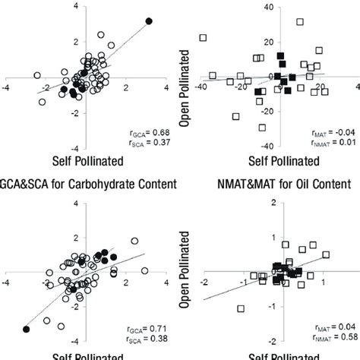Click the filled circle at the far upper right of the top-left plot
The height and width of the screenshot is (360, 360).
click(x=149, y=21)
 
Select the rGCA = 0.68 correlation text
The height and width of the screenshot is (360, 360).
click(x=156, y=134)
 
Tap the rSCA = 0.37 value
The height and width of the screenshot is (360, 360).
click(x=156, y=146)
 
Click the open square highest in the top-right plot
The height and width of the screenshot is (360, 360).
click(x=300, y=22)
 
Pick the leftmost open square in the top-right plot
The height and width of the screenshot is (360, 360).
click(x=203, y=37)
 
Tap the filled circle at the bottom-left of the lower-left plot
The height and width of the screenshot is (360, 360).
click(x=26, y=329)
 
